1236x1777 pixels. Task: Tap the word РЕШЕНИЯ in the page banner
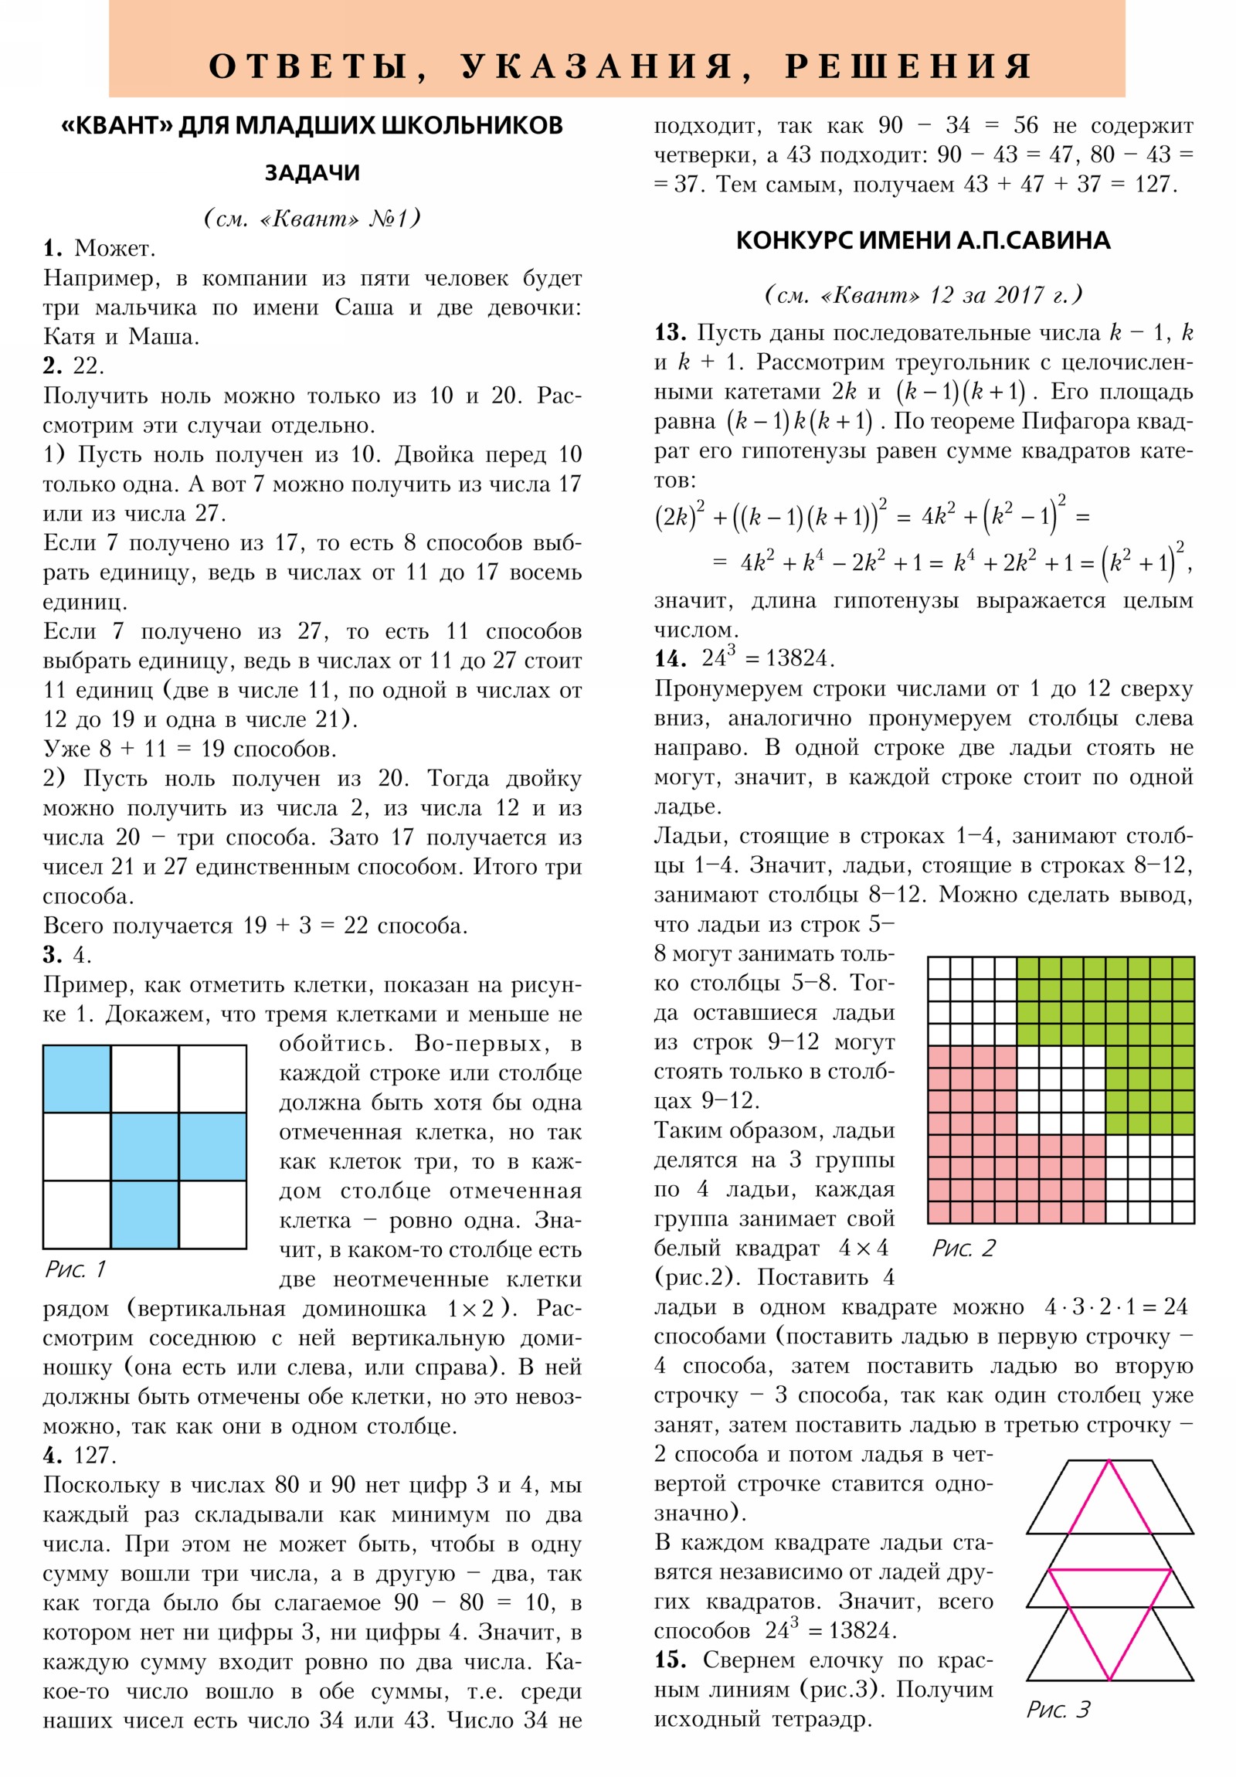coord(908,66)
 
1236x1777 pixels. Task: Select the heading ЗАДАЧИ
coord(312,172)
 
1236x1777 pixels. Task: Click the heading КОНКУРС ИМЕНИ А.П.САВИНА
coord(922,241)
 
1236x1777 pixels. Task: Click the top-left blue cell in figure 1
coord(76,1078)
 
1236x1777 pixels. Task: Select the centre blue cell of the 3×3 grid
coord(144,1147)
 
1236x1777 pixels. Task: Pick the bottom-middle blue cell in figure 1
coord(144,1214)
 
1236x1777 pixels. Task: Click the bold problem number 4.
coord(53,1456)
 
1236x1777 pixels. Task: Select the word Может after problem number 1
coord(114,249)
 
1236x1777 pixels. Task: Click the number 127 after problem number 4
coord(94,1456)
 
